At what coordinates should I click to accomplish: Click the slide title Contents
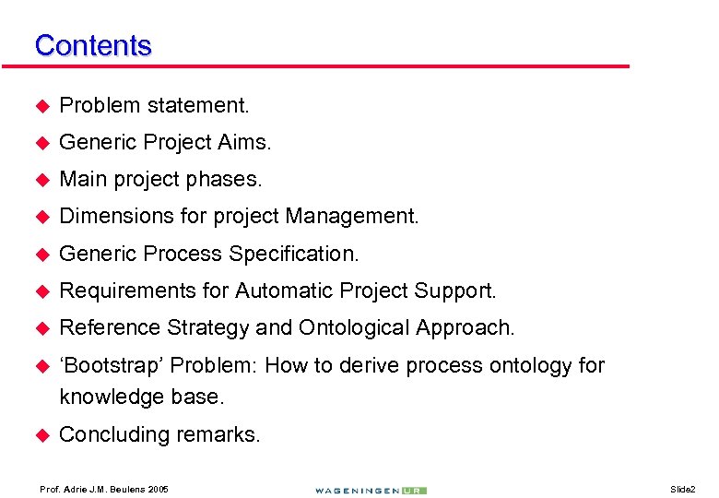(x=92, y=45)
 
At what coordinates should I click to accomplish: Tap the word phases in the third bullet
(x=230, y=180)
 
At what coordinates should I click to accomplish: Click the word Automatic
(x=281, y=291)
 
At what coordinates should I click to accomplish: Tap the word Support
(x=459, y=291)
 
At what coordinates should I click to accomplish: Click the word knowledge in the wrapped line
(x=107, y=397)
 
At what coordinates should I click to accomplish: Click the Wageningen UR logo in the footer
(x=370, y=490)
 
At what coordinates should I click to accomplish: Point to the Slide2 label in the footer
(x=682, y=488)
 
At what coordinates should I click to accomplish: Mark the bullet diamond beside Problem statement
(x=41, y=106)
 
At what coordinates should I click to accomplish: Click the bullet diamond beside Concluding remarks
(x=41, y=434)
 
